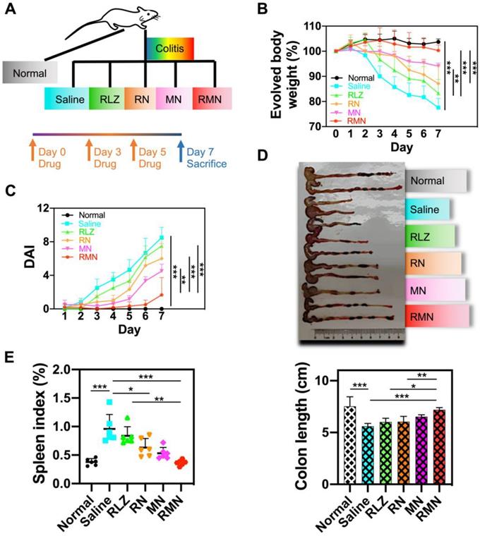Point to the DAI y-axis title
coord(12,259)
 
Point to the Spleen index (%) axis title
coord(13,427)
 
